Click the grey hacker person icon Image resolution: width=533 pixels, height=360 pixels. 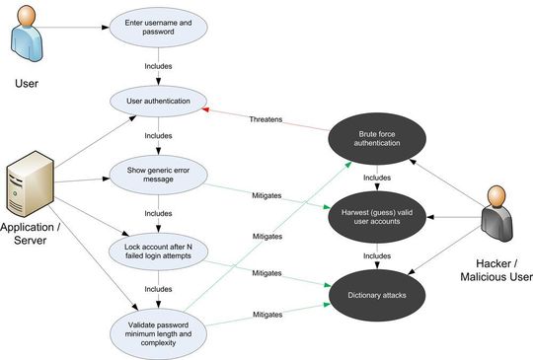tap(497, 222)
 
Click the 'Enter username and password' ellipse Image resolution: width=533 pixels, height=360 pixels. tap(159, 27)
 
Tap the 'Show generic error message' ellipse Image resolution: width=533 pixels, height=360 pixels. tap(159, 175)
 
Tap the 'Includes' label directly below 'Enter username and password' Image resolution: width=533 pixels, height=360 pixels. tap(159, 66)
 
